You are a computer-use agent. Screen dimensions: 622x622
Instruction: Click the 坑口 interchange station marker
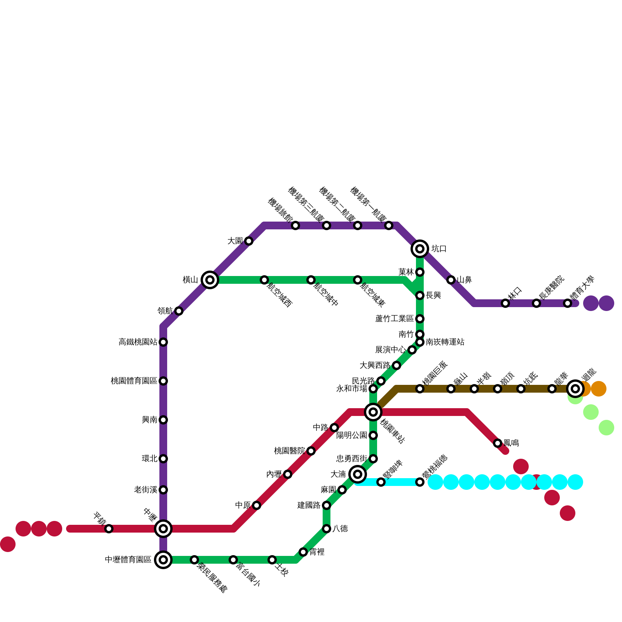tap(420, 249)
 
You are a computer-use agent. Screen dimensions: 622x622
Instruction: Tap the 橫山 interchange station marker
tap(210, 280)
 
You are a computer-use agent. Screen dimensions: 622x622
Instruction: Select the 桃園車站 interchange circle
tap(373, 412)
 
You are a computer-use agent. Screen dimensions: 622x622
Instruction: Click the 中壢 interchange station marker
tap(163, 529)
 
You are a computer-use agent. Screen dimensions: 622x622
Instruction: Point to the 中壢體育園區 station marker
tap(163, 560)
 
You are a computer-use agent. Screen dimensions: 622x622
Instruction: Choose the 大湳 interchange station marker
tap(358, 474)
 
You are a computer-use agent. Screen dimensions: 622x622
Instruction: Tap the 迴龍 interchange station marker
tap(575, 389)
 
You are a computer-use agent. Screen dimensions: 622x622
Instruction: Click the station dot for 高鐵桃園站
tap(163, 342)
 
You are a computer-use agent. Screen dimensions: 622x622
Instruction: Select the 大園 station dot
tap(249, 241)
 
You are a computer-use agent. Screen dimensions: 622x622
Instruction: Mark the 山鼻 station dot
tap(451, 280)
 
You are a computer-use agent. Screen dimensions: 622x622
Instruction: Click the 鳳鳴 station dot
tap(498, 443)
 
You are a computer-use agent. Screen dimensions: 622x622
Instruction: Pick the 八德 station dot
tap(327, 529)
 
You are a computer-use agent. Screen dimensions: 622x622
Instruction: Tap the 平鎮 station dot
tap(109, 529)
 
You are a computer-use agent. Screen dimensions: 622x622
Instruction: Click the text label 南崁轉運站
tap(445, 342)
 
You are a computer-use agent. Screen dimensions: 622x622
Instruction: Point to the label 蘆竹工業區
tap(394, 319)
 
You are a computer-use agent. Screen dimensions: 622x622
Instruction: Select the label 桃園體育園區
tap(134, 381)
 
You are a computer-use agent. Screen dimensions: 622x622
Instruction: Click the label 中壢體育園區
tap(128, 560)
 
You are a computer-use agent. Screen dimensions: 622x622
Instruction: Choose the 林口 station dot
tap(505, 303)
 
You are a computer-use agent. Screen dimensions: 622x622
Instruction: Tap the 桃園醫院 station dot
tap(311, 451)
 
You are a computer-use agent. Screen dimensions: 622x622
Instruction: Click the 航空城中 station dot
tap(311, 280)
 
